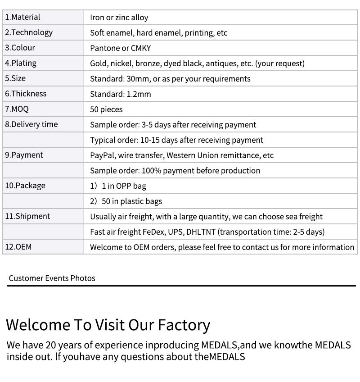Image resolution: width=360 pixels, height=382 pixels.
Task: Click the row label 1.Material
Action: coord(22,17)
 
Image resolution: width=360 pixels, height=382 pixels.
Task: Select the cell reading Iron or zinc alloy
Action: coord(119,18)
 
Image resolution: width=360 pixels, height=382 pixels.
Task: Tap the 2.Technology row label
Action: coord(29,32)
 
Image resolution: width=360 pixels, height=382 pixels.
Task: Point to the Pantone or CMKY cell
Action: coord(120,48)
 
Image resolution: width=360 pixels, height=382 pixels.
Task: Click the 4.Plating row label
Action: coord(21,63)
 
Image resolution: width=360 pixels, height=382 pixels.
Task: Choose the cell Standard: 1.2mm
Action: coord(120,94)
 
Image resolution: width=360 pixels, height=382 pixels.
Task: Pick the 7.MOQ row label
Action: coord(17,109)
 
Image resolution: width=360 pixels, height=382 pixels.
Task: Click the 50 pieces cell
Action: coord(106,109)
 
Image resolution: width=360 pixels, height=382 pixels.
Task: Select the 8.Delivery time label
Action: coord(31,124)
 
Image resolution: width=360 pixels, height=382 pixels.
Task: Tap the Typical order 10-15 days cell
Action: coord(176,140)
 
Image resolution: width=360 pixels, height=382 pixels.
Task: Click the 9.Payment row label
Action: coord(24,155)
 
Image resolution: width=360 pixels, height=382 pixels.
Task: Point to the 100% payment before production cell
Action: coord(175,171)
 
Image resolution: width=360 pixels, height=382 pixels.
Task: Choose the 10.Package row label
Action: coord(25,186)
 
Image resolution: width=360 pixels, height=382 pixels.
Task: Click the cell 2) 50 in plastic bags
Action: coord(126,201)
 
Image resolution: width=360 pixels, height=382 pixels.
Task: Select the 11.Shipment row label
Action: coord(28,216)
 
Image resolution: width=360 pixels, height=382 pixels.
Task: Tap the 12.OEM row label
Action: coord(18,247)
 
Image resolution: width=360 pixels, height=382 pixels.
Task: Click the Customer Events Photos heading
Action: coord(52,278)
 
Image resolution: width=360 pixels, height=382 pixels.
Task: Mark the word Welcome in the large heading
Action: coord(38,325)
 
